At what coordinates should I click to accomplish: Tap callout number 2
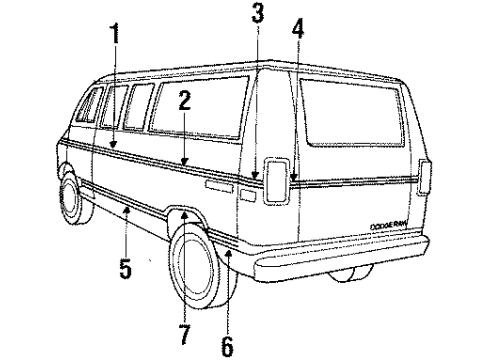tap(184, 100)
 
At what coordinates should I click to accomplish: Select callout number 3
tap(257, 13)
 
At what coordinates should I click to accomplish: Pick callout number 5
tap(124, 271)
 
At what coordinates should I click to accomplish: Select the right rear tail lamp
tap(427, 177)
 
